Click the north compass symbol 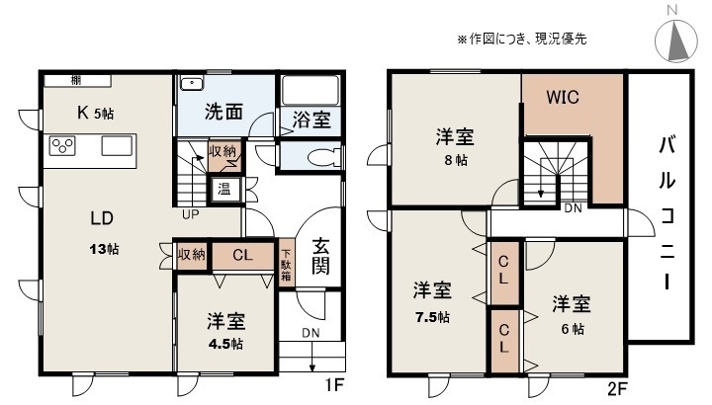pos(675,38)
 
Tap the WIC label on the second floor pos(563,97)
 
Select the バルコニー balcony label pos(667,213)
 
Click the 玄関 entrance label pos(320,255)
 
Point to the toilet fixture pos(323,157)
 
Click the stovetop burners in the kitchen pos(62,146)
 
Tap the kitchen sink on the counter pos(117,146)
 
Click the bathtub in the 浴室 pos(311,90)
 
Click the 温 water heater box pos(224,189)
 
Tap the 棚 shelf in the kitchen pos(78,81)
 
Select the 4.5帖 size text pos(225,344)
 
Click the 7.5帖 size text pos(432,316)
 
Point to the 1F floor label pos(334,385)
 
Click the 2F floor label pos(617,388)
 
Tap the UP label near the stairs pos(191,214)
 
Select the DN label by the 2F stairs pos(573,208)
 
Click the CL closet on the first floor pos(242,255)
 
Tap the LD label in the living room pos(102,218)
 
